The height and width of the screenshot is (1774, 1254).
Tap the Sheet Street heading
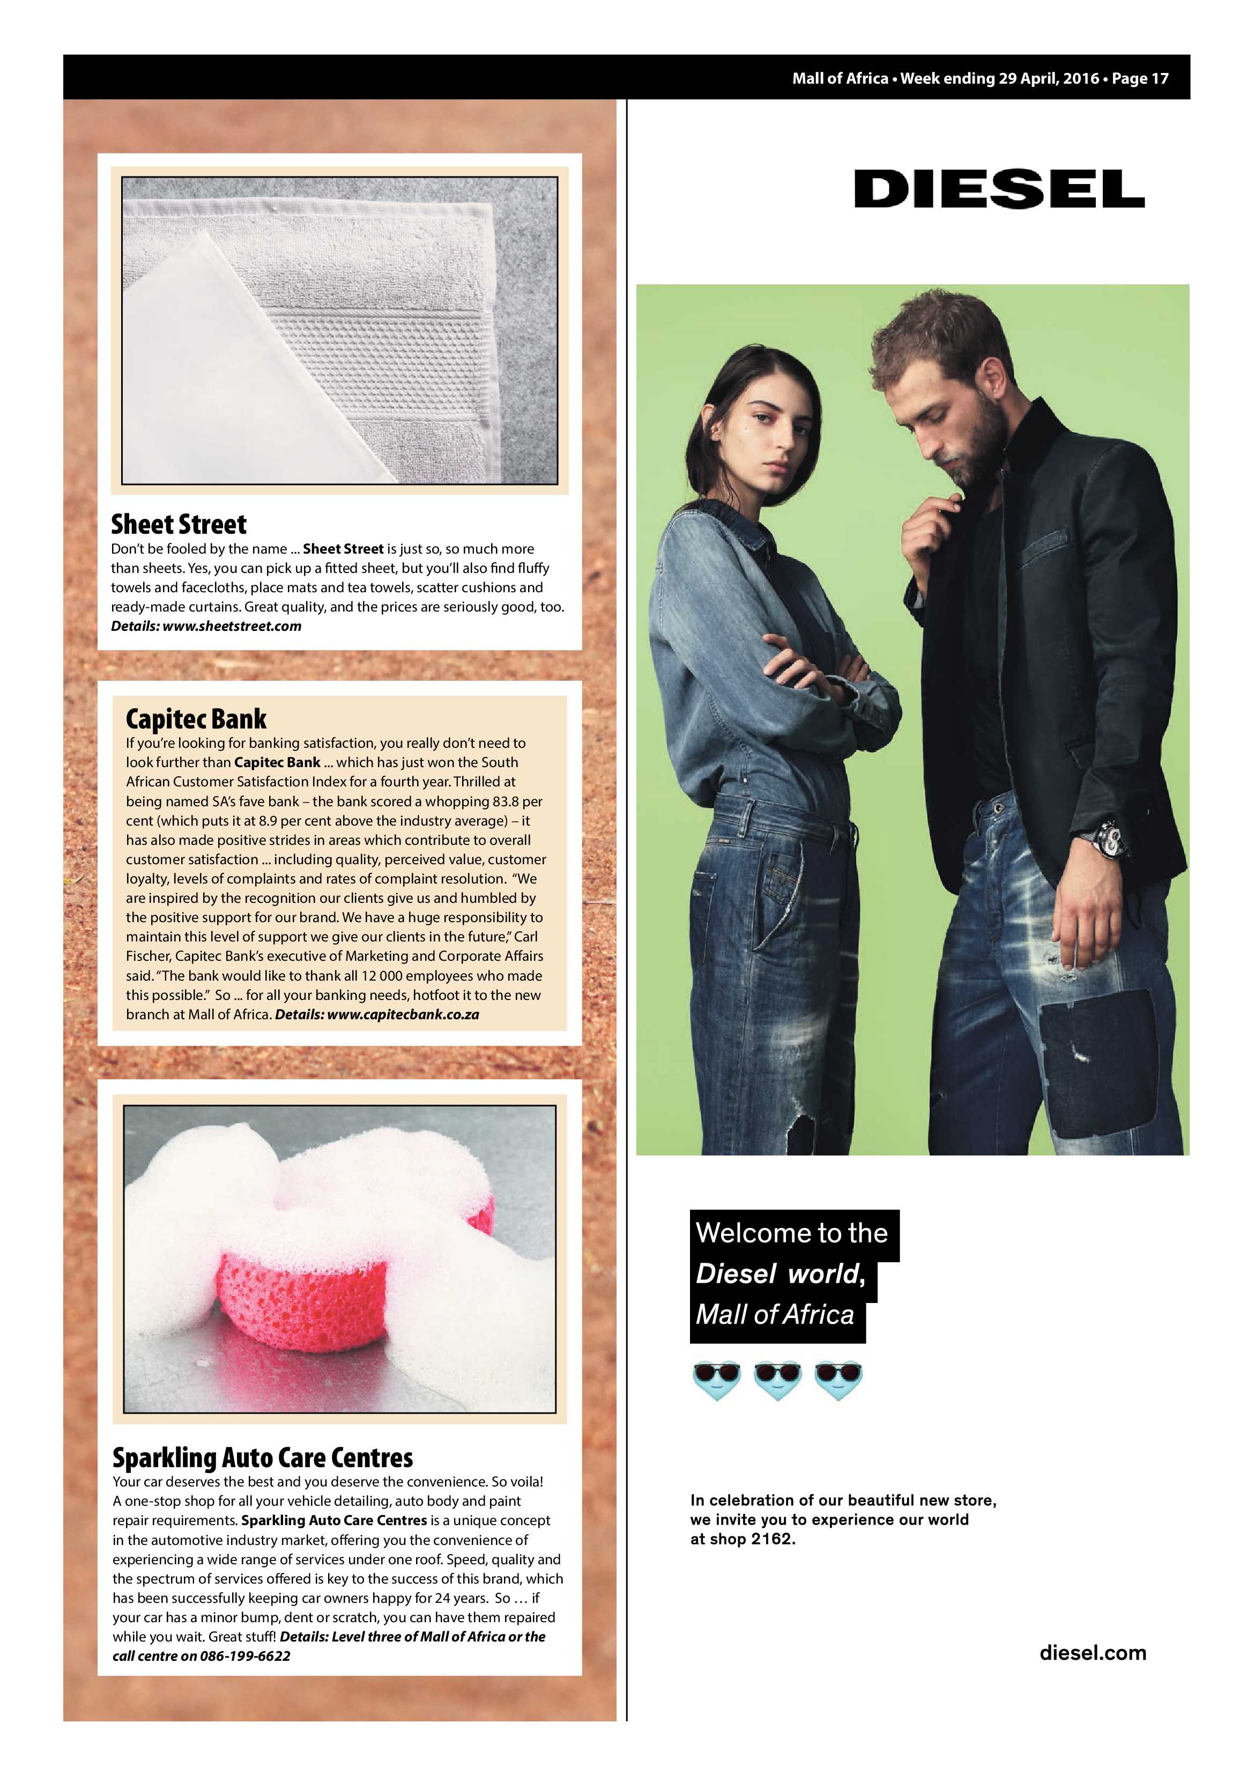(179, 525)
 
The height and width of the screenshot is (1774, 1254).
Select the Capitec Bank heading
(196, 719)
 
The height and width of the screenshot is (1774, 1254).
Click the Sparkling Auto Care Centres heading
(263, 1458)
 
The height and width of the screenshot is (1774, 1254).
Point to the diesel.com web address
(1093, 1653)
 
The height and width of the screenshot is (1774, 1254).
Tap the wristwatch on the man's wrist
(1110, 838)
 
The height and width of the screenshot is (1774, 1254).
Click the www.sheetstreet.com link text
(232, 627)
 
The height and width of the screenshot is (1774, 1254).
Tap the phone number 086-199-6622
(245, 1656)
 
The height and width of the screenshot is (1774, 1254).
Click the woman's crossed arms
(811, 665)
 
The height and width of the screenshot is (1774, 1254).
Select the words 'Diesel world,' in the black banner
(780, 1274)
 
